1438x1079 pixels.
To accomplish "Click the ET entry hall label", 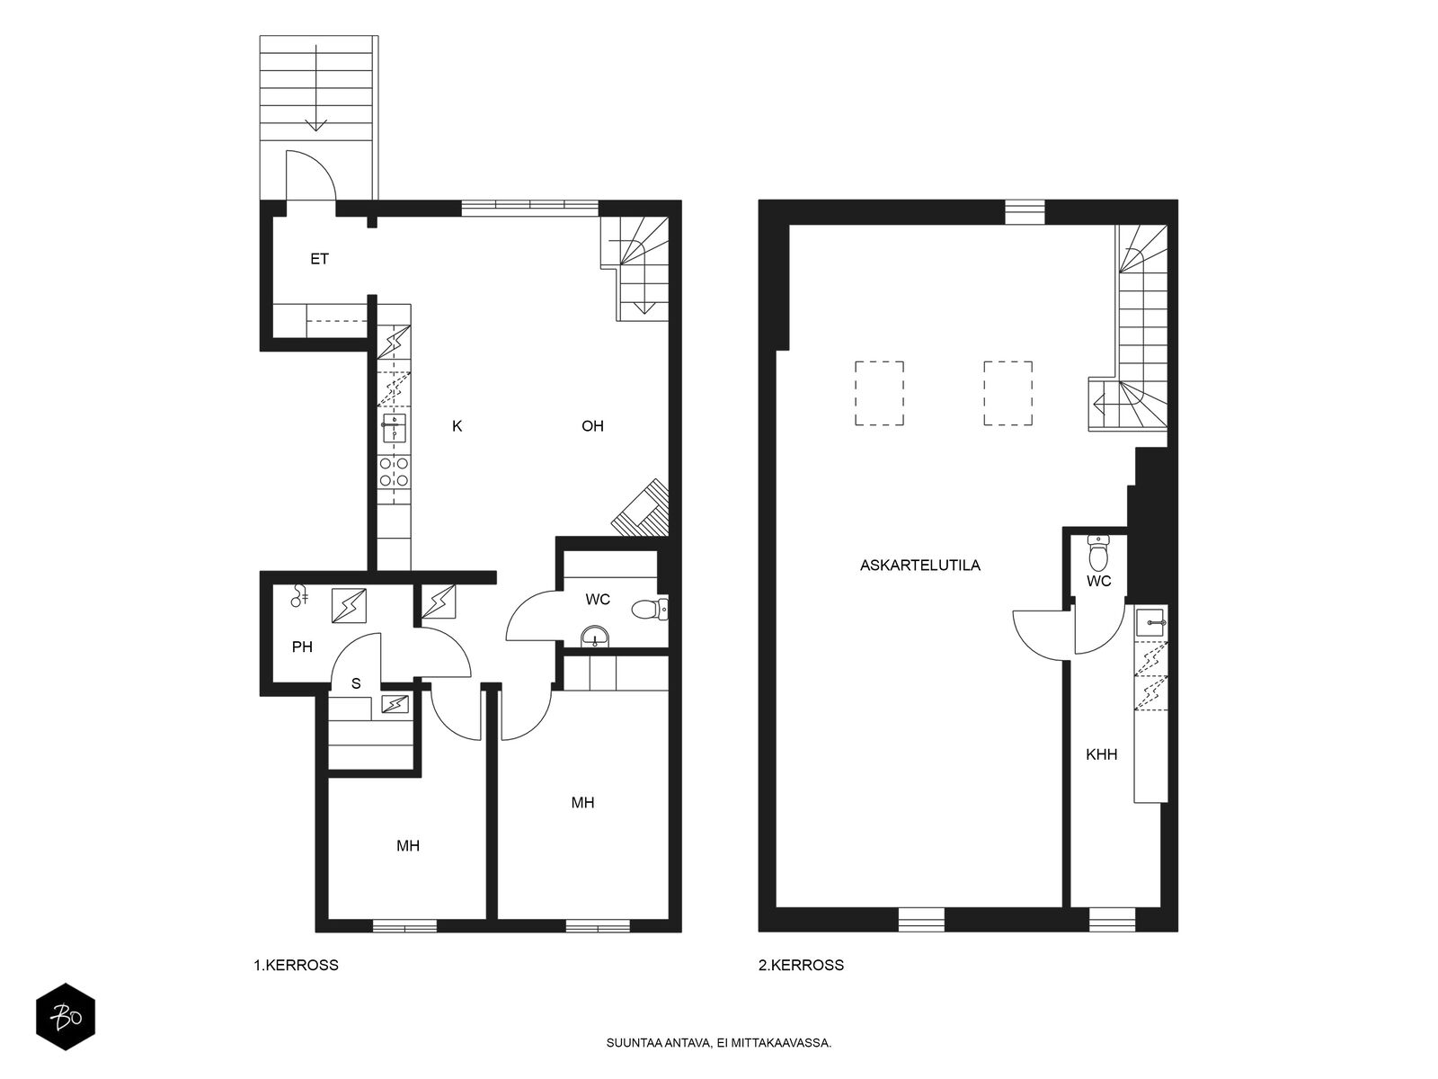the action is point(319,260).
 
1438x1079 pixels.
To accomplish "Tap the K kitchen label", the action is point(457,426).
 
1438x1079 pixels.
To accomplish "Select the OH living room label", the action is point(592,426).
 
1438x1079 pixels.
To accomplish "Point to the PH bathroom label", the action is point(302,647).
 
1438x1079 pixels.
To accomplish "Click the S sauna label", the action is point(356,684).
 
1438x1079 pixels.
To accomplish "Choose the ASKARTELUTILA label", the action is point(919,566).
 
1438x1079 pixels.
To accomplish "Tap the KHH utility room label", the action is point(1101,754).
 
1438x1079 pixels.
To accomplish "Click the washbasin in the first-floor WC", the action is point(595,636).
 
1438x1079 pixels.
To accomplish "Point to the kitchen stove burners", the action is point(394,472).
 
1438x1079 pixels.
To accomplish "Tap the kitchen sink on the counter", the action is point(394,429).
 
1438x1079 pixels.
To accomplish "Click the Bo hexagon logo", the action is point(66,1017).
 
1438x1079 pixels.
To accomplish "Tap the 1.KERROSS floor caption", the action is point(296,965).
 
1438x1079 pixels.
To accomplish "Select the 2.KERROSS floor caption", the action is point(801,965).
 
